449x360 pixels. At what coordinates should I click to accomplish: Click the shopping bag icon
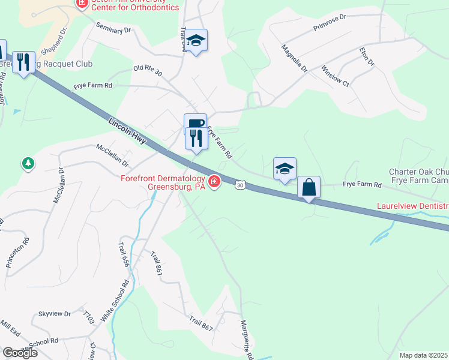pyautogui.click(x=309, y=187)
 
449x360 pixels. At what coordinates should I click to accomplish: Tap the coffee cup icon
pyautogui.click(x=195, y=124)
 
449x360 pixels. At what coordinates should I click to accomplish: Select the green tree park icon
pyautogui.click(x=28, y=163)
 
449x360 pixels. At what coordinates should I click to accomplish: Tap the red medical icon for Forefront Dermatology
pyautogui.click(x=214, y=181)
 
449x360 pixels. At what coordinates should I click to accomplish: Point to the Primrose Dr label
pyautogui.click(x=330, y=23)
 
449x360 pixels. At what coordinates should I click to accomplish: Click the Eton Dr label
pyautogui.click(x=366, y=58)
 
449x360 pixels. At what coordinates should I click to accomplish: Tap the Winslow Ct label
pyautogui.click(x=335, y=75)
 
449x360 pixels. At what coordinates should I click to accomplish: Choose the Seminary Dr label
pyautogui.click(x=113, y=29)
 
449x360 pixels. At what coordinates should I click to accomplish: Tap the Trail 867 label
pyautogui.click(x=201, y=324)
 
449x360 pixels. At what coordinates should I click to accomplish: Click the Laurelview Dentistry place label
pyautogui.click(x=413, y=206)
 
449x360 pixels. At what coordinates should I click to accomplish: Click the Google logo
pyautogui.click(x=19, y=353)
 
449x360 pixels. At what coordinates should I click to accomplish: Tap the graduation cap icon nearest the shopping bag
pyautogui.click(x=285, y=169)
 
